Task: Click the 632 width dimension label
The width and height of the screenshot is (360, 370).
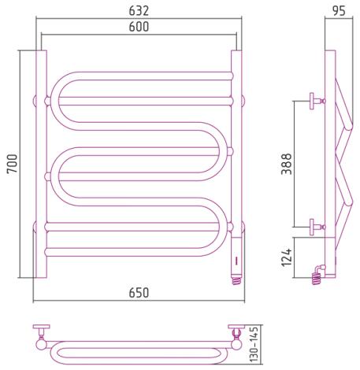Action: pyautogui.click(x=139, y=11)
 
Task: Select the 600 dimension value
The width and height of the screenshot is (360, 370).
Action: pyautogui.click(x=139, y=27)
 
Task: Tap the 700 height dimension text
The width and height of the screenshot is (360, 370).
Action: pyautogui.click(x=13, y=164)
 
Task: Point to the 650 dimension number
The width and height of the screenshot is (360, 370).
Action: pyautogui.click(x=139, y=293)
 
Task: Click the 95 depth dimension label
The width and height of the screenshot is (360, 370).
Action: pyautogui.click(x=339, y=11)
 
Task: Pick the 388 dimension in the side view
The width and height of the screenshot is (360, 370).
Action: pyautogui.click(x=287, y=164)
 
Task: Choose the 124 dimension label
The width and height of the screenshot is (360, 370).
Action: pyautogui.click(x=287, y=257)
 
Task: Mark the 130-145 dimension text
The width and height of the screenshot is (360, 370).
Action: pyautogui.click(x=254, y=344)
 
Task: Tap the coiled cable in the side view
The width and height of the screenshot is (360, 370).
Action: pyautogui.click(x=316, y=279)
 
